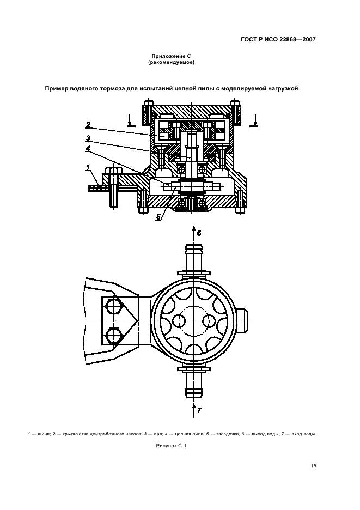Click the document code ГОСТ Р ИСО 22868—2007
point(278,40)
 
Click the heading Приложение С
point(171,56)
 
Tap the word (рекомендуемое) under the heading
point(171,62)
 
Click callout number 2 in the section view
point(88,124)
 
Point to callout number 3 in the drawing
point(88,138)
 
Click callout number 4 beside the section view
point(88,148)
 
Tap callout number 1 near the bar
point(88,167)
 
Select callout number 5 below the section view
point(158,217)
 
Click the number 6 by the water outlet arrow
point(199,233)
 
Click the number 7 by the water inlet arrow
point(199,410)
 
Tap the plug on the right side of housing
point(243,321)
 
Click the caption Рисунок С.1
point(171,446)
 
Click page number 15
point(313,466)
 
